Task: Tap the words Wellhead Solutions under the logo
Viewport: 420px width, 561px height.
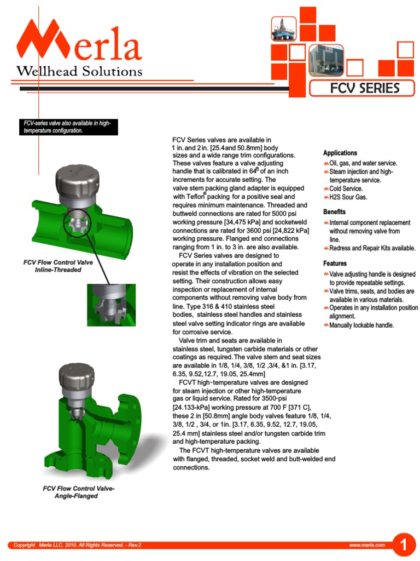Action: point(79,71)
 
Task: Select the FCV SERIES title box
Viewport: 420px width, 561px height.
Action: point(362,88)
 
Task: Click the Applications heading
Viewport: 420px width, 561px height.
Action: point(340,153)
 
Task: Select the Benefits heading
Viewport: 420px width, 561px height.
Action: point(334,211)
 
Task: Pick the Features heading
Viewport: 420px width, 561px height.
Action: point(335,264)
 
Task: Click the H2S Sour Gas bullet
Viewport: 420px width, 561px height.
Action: point(348,197)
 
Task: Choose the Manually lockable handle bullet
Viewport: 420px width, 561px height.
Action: point(361,325)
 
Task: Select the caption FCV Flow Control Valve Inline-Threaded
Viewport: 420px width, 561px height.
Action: point(58,266)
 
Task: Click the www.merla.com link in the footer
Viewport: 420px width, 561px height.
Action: point(367,545)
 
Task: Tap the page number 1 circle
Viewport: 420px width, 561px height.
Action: point(404,545)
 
